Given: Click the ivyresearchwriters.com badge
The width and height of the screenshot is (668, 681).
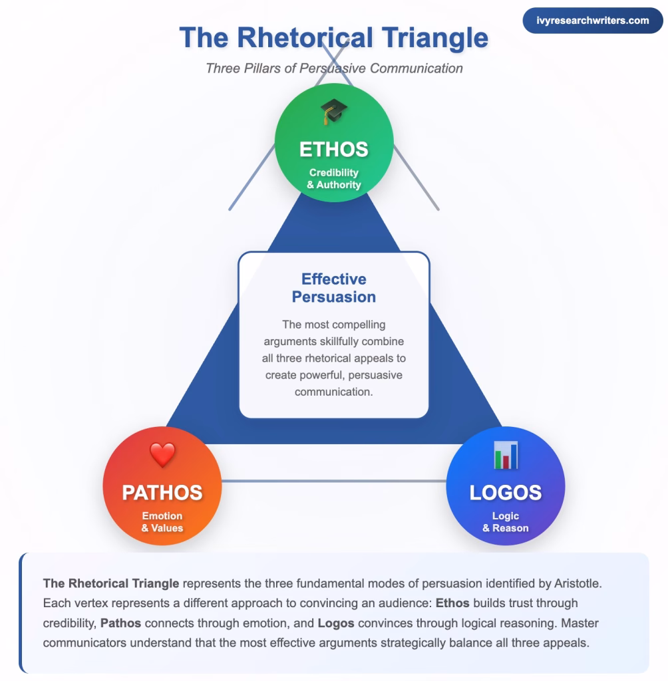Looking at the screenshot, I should (592, 21).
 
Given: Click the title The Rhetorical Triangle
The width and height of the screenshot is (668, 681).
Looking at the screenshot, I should (333, 37).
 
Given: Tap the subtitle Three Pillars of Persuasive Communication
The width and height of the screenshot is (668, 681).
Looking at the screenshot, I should (333, 68).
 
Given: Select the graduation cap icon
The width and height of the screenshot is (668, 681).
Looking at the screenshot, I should (333, 111).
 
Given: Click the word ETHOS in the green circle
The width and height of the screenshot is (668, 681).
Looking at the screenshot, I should (333, 149).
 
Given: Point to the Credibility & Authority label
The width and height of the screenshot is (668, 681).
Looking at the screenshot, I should (333, 178).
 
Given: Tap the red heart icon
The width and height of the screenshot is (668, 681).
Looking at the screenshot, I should (162, 454).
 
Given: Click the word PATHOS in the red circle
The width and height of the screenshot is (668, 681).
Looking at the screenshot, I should (162, 492).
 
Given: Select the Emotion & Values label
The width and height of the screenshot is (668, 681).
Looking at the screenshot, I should (162, 521).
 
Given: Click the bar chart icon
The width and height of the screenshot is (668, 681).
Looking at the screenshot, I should (505, 455).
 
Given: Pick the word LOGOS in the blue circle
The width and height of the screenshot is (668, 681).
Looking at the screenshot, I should (505, 492).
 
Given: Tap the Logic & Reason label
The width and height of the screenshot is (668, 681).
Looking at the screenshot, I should (505, 521).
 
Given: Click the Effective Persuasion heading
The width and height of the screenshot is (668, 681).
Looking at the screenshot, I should (333, 288).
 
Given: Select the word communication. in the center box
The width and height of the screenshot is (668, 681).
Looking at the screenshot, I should (333, 392).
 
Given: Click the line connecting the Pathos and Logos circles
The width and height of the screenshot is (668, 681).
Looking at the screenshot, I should (333, 481).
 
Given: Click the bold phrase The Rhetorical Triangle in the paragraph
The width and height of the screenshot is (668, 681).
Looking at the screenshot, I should (111, 583).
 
